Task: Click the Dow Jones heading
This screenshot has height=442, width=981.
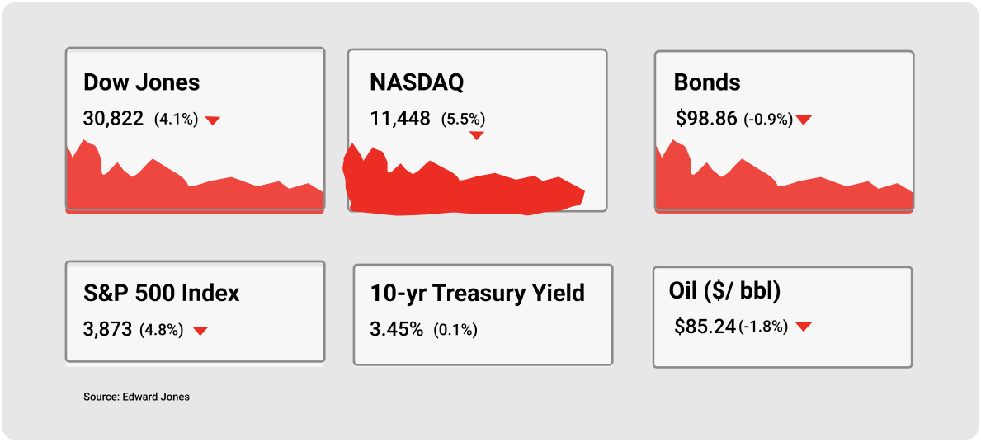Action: click(141, 82)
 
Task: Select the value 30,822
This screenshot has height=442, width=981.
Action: click(113, 118)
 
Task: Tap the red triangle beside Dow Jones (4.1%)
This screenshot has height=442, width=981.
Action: click(213, 120)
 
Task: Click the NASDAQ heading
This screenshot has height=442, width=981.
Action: click(417, 82)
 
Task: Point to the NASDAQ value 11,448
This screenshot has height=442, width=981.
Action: click(400, 118)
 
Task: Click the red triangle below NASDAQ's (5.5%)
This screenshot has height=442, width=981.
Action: click(477, 135)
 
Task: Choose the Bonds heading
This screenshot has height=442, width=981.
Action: click(707, 82)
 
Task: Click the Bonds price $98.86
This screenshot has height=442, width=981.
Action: click(705, 118)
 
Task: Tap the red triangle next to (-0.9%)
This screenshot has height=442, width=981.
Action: click(804, 120)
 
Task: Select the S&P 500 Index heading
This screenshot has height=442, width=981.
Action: click(162, 294)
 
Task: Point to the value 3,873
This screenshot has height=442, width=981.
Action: click(107, 330)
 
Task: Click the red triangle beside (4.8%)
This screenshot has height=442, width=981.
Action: click(200, 331)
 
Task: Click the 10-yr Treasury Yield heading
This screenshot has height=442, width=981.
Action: click(478, 293)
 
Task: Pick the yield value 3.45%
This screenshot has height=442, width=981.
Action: click(397, 330)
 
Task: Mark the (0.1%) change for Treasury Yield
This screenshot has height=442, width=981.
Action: click(456, 330)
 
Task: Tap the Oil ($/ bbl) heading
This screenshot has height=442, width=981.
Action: click(724, 291)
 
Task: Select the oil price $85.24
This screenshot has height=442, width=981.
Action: click(705, 326)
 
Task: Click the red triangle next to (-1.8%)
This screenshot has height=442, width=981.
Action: click(804, 327)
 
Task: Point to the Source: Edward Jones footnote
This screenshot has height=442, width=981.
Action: click(136, 397)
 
